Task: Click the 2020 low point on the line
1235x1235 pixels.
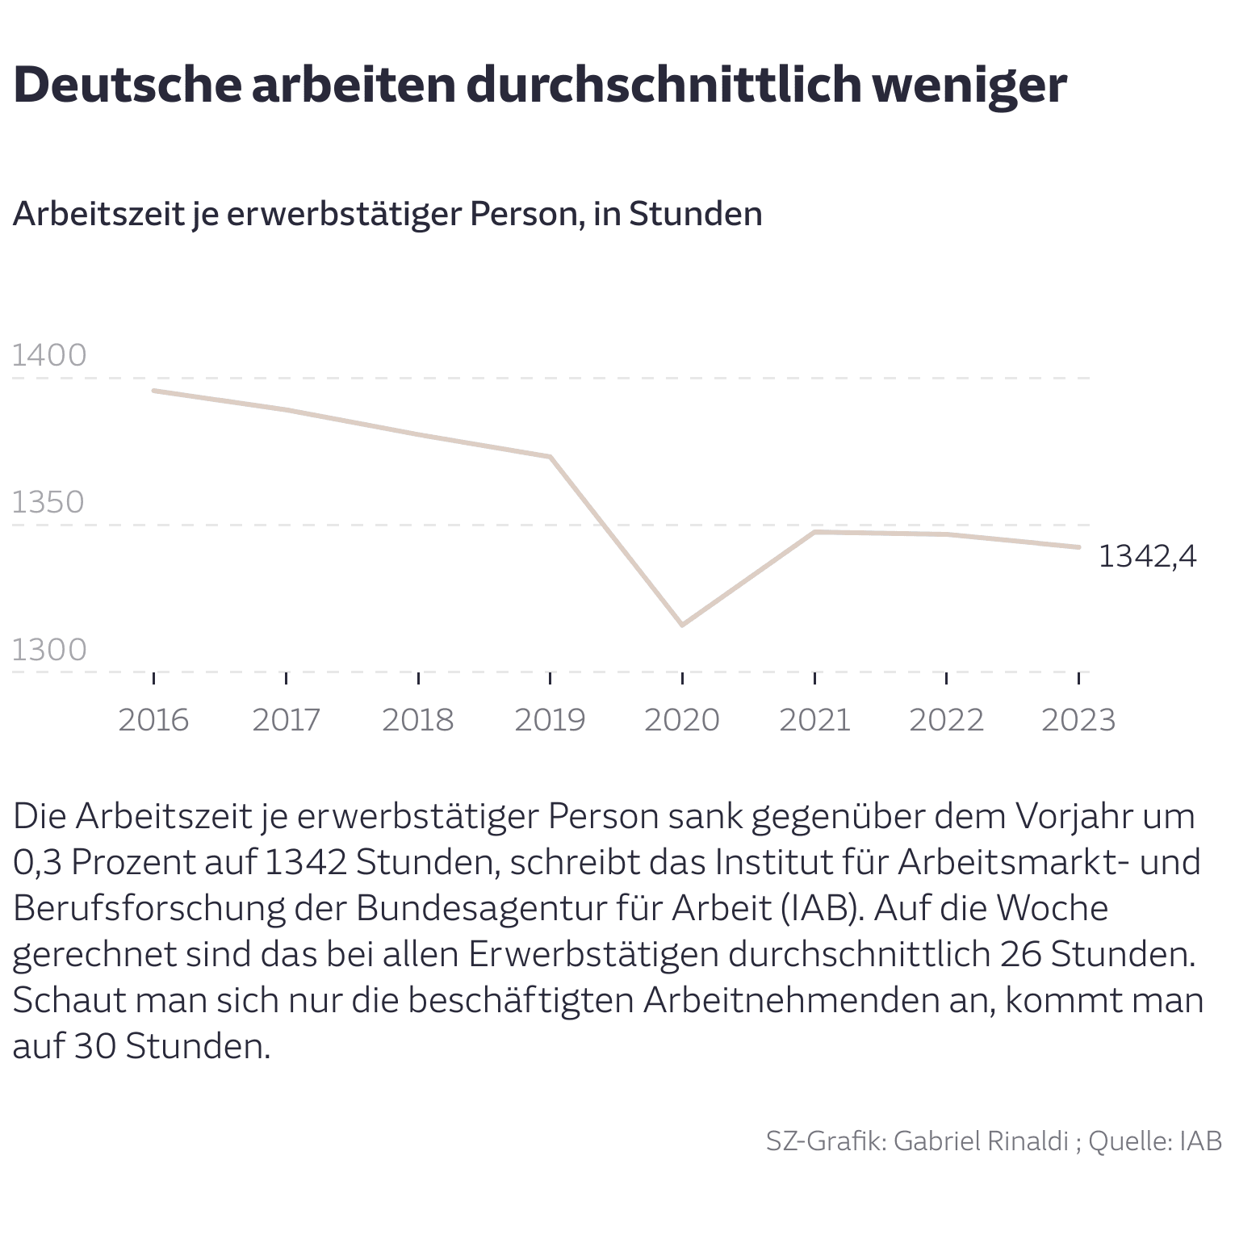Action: (682, 625)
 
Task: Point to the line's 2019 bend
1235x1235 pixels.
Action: (550, 457)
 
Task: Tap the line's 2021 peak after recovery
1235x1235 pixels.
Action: (814, 532)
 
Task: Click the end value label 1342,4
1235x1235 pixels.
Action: (1147, 556)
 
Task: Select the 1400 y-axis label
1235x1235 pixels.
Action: (49, 355)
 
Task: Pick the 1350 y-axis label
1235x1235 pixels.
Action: (48, 502)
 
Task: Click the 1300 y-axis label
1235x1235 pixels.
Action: (49, 649)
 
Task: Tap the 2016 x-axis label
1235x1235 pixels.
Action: (153, 719)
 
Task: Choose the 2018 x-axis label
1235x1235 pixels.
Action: (417, 719)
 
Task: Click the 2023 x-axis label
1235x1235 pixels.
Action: (1078, 719)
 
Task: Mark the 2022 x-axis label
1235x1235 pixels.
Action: (946, 719)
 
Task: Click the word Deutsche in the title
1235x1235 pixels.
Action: (128, 85)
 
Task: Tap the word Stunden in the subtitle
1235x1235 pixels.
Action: (696, 214)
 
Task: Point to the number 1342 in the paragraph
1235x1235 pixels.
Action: (305, 862)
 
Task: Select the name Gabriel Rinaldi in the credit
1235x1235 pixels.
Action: (981, 1141)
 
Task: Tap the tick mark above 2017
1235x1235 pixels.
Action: (286, 677)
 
